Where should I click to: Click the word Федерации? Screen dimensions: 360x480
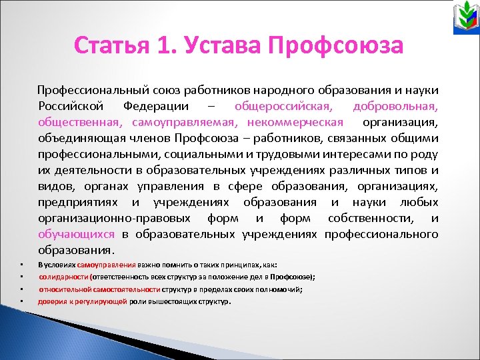click(159, 106)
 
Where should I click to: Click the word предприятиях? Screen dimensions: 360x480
click(79, 202)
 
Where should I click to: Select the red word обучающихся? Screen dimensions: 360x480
click(76, 234)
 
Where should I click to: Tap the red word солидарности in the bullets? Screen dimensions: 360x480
click(63, 276)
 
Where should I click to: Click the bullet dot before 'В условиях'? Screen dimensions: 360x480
click(21, 265)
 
